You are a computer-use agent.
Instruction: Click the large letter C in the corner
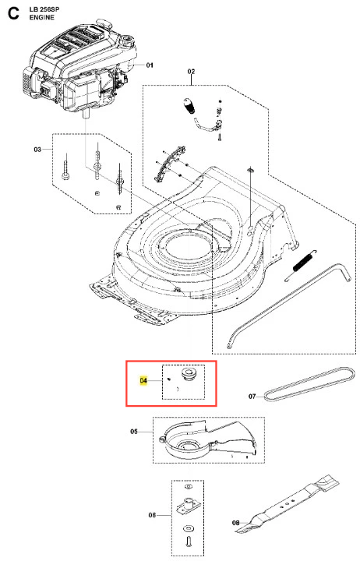13,13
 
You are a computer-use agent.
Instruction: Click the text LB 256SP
44,9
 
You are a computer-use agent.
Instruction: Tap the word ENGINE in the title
42,17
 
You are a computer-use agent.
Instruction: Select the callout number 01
150,65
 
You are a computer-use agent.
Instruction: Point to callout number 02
191,71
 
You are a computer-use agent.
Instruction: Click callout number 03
37,149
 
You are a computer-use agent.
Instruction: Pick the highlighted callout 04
143,380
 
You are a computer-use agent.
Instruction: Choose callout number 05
134,432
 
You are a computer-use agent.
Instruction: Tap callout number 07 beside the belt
252,396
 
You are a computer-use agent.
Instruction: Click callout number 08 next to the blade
235,523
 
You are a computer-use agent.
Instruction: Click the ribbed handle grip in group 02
189,106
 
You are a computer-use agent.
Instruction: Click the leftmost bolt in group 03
65,168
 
